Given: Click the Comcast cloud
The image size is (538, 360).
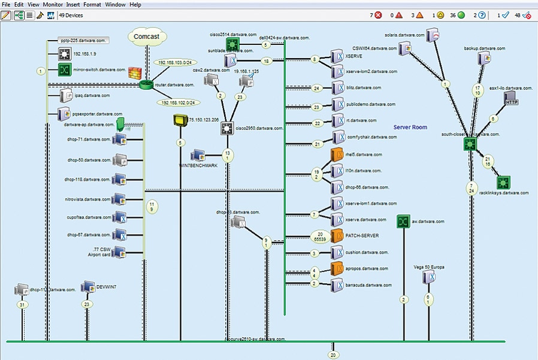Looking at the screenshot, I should [x=146, y=38].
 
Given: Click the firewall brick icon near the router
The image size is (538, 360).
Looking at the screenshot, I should [x=135, y=73].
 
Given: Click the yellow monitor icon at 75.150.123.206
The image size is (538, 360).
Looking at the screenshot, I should [x=180, y=121].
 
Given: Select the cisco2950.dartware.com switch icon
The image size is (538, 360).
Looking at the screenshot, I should [x=227, y=128].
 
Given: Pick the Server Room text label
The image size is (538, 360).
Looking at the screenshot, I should [x=410, y=128].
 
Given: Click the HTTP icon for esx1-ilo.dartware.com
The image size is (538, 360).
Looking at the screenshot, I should [x=511, y=99].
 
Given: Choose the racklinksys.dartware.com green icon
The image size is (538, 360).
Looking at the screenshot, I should [x=503, y=182].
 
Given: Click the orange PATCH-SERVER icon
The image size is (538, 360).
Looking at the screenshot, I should [x=337, y=236].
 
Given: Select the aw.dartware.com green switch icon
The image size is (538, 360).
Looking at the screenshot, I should [x=404, y=222].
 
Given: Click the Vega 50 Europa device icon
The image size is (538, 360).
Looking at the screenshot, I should [x=428, y=277].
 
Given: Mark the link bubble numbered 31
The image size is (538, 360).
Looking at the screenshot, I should [x=22, y=305].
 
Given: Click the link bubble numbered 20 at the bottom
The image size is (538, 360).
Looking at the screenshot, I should [x=334, y=355].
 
